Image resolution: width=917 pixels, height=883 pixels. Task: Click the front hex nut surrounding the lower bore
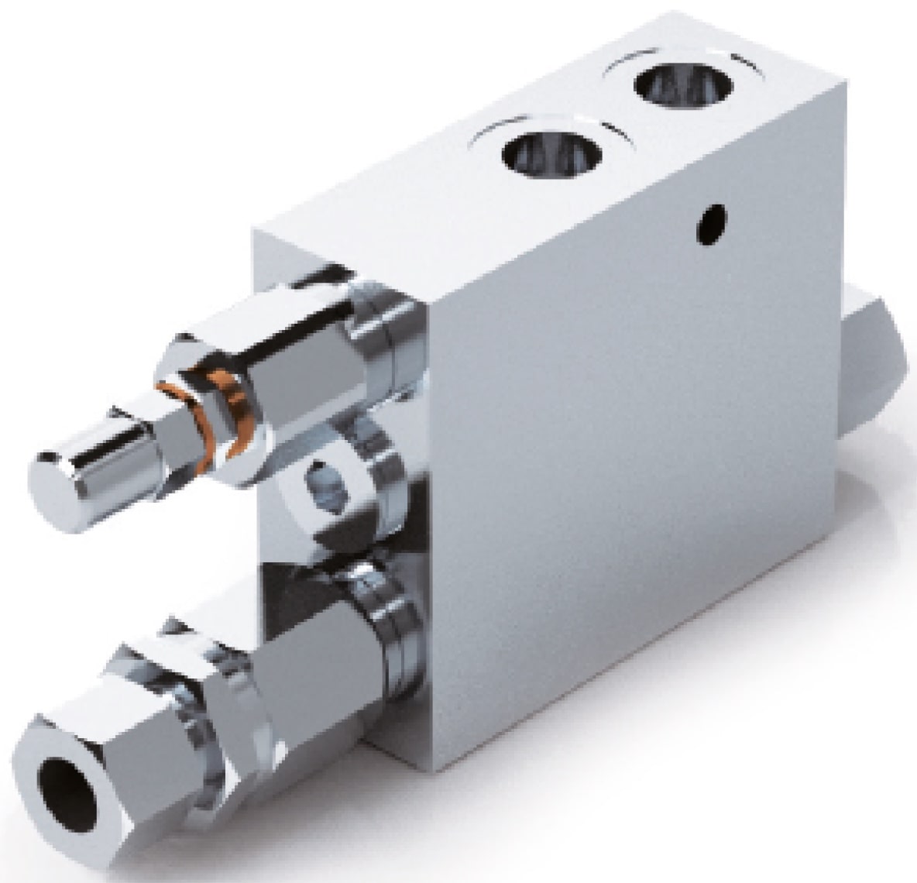pyautogui.click(x=101, y=806)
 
